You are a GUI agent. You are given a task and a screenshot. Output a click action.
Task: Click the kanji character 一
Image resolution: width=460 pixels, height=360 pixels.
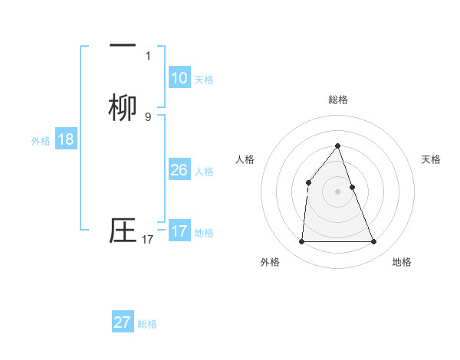click(123, 47)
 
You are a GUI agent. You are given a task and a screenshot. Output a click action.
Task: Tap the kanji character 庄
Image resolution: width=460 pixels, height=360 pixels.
click(123, 231)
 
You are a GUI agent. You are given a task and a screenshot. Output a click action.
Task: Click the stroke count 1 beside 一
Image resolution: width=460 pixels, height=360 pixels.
click(148, 55)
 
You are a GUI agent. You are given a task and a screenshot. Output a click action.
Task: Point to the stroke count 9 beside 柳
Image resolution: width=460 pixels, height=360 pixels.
click(148, 116)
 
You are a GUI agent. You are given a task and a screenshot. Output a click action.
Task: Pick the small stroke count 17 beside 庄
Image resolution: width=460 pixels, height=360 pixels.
click(148, 240)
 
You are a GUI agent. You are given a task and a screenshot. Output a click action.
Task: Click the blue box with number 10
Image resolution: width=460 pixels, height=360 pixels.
click(179, 78)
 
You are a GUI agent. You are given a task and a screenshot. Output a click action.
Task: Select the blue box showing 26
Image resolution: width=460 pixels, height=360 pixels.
click(179, 170)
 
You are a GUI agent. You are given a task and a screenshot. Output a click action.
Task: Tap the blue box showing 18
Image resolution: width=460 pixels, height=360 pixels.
click(66, 139)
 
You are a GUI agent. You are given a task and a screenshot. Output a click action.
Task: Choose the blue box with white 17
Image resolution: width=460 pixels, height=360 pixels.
click(179, 231)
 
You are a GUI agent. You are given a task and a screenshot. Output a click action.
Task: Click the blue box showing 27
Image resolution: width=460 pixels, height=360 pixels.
click(123, 322)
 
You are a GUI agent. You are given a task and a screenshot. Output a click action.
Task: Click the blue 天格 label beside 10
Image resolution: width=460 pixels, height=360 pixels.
click(204, 80)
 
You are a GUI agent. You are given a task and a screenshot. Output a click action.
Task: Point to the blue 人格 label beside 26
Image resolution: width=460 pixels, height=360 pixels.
click(204, 172)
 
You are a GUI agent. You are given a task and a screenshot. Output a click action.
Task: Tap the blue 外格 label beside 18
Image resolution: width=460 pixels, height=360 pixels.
click(41, 141)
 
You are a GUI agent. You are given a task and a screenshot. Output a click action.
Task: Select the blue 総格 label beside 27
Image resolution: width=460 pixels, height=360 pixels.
click(147, 324)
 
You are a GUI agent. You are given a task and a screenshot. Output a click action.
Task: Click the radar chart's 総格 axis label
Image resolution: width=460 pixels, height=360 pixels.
click(338, 100)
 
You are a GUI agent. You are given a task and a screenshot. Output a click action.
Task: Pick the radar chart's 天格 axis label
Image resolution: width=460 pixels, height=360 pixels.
click(432, 159)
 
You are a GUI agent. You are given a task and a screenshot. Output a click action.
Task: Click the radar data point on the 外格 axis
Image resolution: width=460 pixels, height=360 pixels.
click(301, 242)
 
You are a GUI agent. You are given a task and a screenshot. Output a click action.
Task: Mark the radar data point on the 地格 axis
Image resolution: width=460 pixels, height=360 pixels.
click(374, 242)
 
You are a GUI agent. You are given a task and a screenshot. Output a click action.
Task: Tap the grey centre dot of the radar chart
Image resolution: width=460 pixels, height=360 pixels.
click(338, 191)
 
